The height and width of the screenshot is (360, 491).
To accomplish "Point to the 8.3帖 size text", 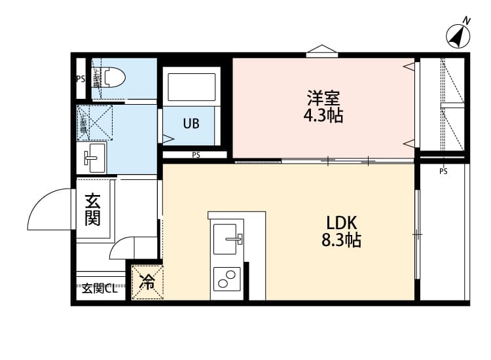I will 340,240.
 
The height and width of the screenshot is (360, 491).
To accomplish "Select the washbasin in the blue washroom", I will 94,157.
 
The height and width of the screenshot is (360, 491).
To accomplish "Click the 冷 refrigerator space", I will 148,282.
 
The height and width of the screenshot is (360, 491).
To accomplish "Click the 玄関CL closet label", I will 100,288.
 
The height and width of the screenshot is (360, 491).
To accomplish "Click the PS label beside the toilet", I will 81,79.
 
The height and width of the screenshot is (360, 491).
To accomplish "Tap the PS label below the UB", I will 196,155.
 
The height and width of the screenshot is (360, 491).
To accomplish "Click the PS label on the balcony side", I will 443,171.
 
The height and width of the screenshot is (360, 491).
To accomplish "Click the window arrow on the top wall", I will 321,50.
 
